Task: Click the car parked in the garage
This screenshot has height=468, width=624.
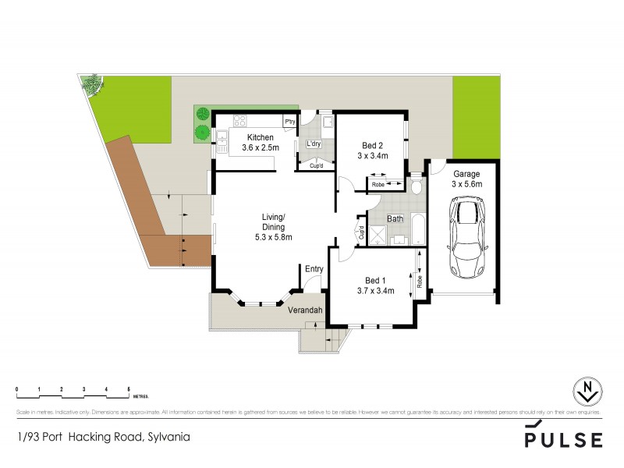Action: tap(466, 237)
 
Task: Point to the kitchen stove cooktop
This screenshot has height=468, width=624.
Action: tap(239, 122)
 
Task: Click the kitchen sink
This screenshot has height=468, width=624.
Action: tap(221, 136)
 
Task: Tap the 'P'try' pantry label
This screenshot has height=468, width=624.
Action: tap(289, 121)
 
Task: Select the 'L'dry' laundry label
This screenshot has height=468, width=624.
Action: tap(314, 144)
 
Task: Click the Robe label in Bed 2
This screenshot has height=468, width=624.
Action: tap(378, 184)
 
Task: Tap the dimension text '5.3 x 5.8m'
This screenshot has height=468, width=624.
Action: tap(272, 237)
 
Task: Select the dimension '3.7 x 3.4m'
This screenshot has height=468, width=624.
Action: tap(375, 291)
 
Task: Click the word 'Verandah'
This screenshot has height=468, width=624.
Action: tap(305, 310)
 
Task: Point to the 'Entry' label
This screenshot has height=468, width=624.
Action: tap(314, 270)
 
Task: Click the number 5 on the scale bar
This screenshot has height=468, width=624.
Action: tap(129, 388)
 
